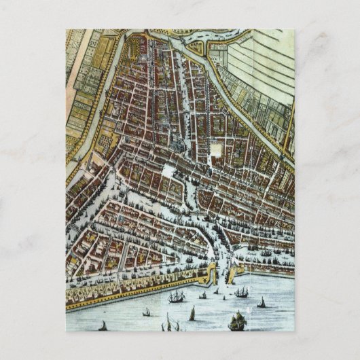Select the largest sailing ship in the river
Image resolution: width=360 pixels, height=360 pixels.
pos(237,321)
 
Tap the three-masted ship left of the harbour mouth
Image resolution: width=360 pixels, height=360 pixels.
pos(177,296)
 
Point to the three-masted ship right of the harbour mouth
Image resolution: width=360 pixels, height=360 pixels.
pos(242,292)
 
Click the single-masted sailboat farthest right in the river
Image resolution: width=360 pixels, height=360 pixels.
pos(262,302)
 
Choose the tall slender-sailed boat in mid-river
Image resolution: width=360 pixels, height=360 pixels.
pos(192,313)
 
